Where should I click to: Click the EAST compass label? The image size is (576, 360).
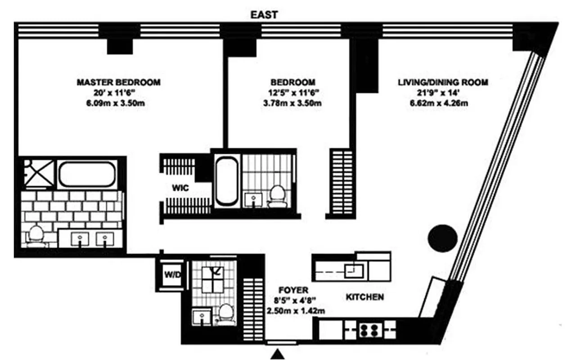coord(264,15)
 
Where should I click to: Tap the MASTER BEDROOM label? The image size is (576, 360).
coord(118,82)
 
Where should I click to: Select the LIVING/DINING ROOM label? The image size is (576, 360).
coord(443,82)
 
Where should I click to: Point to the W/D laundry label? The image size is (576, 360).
coord(171,274)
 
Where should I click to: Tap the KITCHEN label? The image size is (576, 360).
coord(364,297)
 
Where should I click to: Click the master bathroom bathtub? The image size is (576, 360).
coord(86,174)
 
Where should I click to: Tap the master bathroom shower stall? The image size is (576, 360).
coord(38,172)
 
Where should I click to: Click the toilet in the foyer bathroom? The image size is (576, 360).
coord(226,312)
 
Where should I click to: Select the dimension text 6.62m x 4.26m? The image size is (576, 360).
coord(443,104)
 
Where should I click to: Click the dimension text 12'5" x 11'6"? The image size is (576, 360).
coord(292,93)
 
